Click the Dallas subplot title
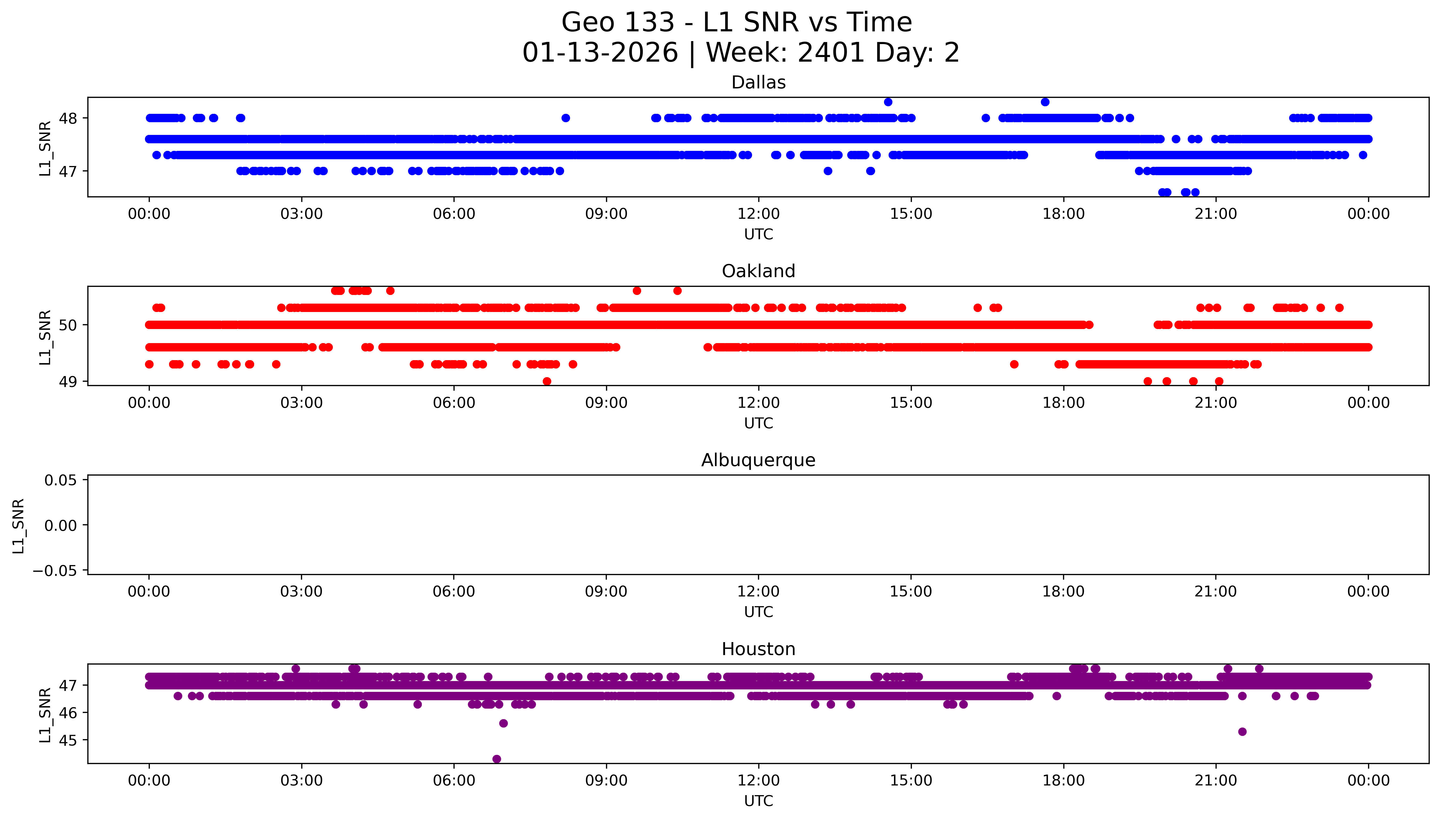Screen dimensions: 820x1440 point(758,83)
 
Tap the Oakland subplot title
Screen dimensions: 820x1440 point(758,271)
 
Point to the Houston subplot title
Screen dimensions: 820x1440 point(758,649)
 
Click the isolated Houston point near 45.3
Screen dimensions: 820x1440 point(1242,732)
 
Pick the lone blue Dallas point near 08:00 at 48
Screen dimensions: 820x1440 point(566,118)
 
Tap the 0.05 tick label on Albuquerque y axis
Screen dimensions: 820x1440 point(61,480)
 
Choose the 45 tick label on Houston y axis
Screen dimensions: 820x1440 point(68,740)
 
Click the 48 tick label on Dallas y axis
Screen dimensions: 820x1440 point(68,118)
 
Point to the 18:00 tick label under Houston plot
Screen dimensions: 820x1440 point(1063,781)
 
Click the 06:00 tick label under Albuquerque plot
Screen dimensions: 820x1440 point(454,591)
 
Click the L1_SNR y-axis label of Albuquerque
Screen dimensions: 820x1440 point(19,526)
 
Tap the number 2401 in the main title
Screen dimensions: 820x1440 point(831,53)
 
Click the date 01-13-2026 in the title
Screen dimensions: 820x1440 point(600,53)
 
